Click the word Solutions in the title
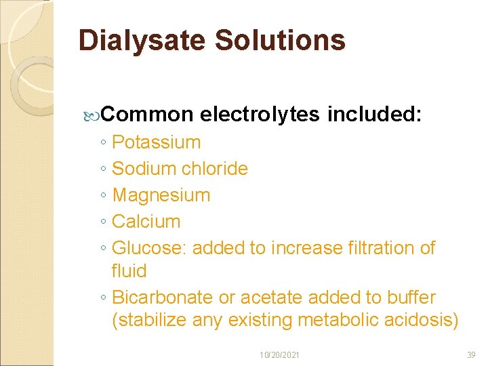tap(281, 41)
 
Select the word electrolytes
tap(260, 115)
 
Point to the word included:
tap(375, 115)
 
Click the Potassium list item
tap(156, 142)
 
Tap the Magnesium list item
tap(161, 195)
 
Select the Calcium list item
tap(146, 222)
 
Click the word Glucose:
tap(149, 248)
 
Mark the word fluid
tap(129, 271)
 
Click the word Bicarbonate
tap(162, 298)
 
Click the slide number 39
tap(472, 354)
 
